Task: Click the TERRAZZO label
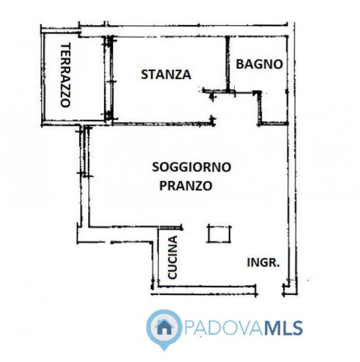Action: click(x=66, y=75)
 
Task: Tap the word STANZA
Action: click(x=166, y=75)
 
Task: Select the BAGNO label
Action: click(x=260, y=64)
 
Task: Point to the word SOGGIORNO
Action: click(x=192, y=167)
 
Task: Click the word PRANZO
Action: click(x=186, y=186)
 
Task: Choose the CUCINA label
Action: click(x=172, y=258)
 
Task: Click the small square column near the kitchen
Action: click(x=220, y=233)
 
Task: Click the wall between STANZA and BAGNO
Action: click(x=227, y=63)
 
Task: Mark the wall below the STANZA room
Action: click(x=163, y=123)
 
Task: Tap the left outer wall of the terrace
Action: click(x=43, y=79)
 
